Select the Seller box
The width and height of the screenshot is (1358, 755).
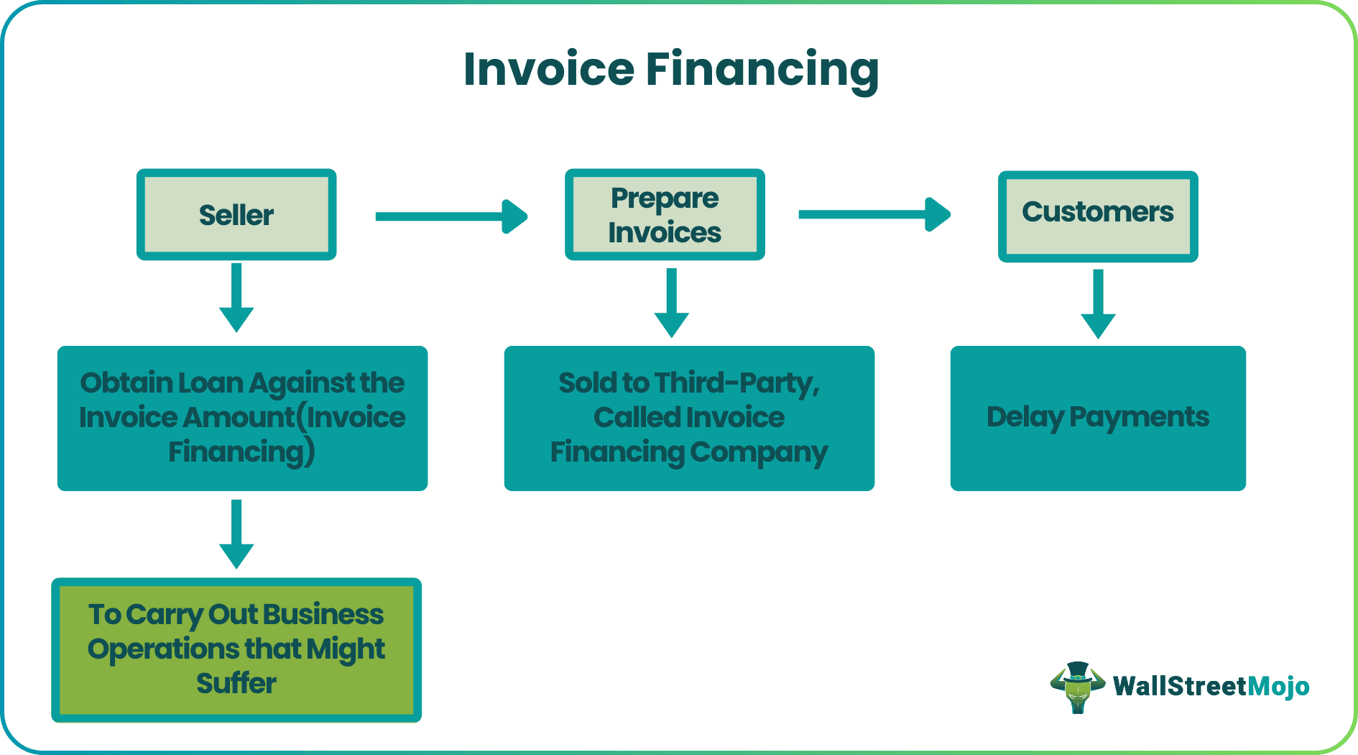coord(236,214)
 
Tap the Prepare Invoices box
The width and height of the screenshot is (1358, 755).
coord(665,214)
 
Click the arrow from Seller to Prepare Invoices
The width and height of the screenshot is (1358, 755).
coord(451,216)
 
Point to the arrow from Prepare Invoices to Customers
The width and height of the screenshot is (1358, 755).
coord(874,214)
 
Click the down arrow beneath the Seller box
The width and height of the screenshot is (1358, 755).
coord(236,298)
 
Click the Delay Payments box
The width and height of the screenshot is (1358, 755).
coord(1097,418)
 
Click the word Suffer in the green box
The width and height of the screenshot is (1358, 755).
coord(236,683)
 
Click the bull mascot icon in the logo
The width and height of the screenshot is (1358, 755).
coord(1077,687)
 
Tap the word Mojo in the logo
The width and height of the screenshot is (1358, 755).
coord(1278,686)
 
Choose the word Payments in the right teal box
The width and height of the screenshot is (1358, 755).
coord(1139,418)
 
